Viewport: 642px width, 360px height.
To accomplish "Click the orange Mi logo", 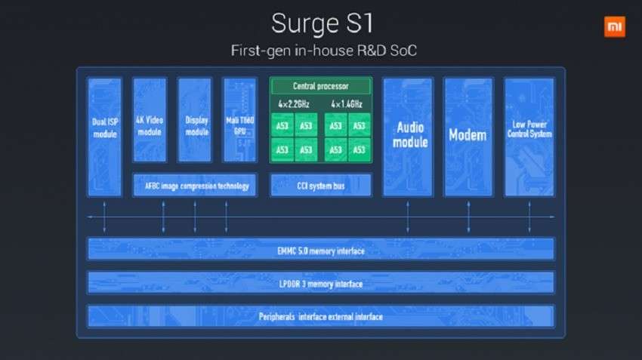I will pyautogui.click(x=614, y=27).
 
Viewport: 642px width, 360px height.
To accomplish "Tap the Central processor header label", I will pyautogui.click(x=320, y=86).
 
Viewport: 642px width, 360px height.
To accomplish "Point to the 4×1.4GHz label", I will pyautogui.click(x=346, y=104).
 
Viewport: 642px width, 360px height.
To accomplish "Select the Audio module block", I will pyautogui.click(x=408, y=136).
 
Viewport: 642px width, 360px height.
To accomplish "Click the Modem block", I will pyautogui.click(x=468, y=136).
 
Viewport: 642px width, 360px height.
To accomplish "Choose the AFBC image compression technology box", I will pyautogui.click(x=195, y=185).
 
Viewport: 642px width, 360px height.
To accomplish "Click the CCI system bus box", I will pyautogui.click(x=320, y=185).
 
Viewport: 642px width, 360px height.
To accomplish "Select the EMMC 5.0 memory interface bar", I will pyautogui.click(x=320, y=249).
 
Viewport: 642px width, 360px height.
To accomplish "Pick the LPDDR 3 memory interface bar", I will pyautogui.click(x=320, y=283).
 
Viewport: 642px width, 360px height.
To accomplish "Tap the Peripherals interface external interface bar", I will pyautogui.click(x=320, y=316).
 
